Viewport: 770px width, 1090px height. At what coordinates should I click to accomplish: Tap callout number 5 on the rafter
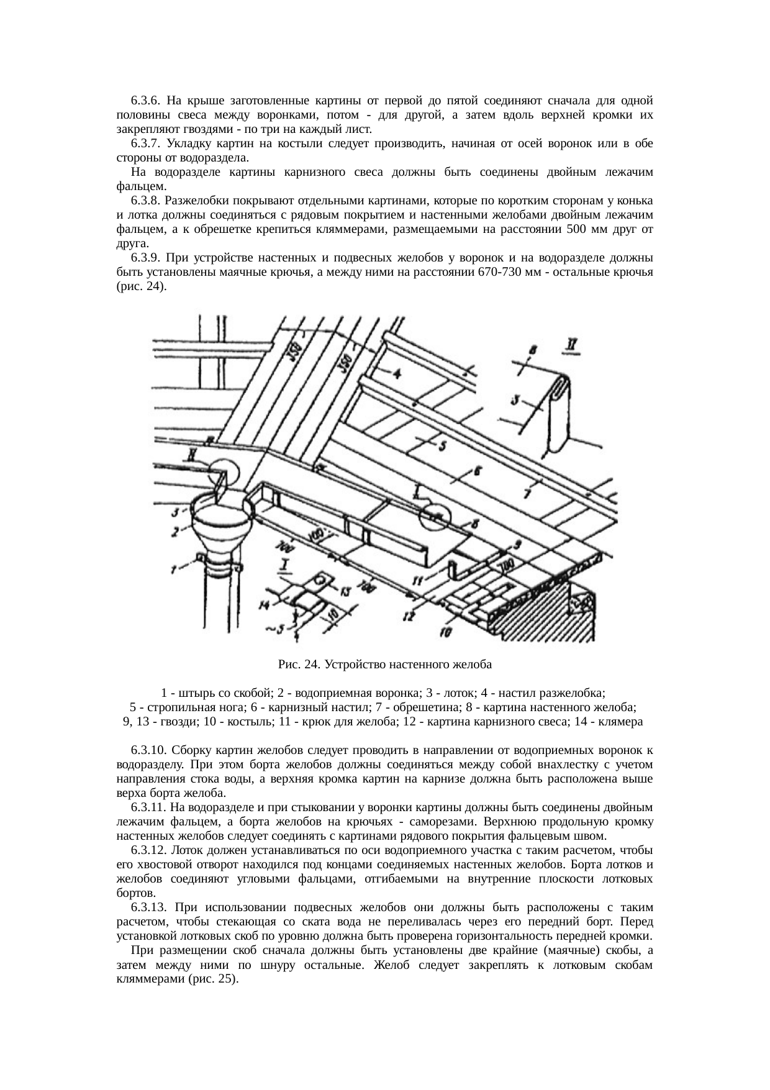tap(443, 446)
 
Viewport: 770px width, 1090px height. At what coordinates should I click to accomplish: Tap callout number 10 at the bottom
tap(445, 632)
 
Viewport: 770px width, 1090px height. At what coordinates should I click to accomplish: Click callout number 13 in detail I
tap(345, 589)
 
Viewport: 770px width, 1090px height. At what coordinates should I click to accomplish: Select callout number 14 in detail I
tap(265, 604)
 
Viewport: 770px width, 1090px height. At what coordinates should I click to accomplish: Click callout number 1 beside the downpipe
tap(174, 566)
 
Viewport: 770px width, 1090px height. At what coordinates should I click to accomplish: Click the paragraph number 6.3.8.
tap(145, 201)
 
